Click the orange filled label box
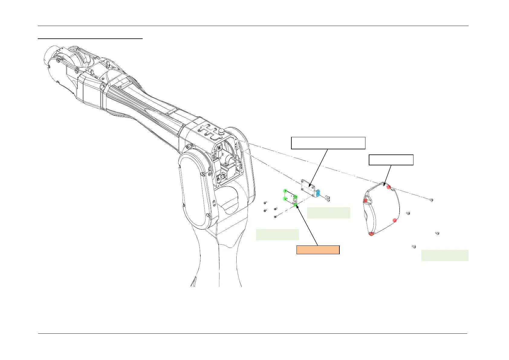tap(318, 250)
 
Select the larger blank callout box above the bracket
tap(328, 143)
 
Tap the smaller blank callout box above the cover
tap(391, 160)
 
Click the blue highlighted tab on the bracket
tap(318, 193)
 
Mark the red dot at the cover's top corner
tap(389, 187)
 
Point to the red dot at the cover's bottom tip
tap(371, 234)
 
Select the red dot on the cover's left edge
tap(365, 200)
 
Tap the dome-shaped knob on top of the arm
tap(222, 131)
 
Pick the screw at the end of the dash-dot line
tap(432, 200)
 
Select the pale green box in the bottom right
tap(445, 255)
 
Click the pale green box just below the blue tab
tap(329, 213)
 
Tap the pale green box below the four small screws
tap(277, 235)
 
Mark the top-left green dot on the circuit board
tap(285, 191)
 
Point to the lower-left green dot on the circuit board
tap(284, 199)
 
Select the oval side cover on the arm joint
tap(194, 190)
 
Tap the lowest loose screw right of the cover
tap(414, 247)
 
